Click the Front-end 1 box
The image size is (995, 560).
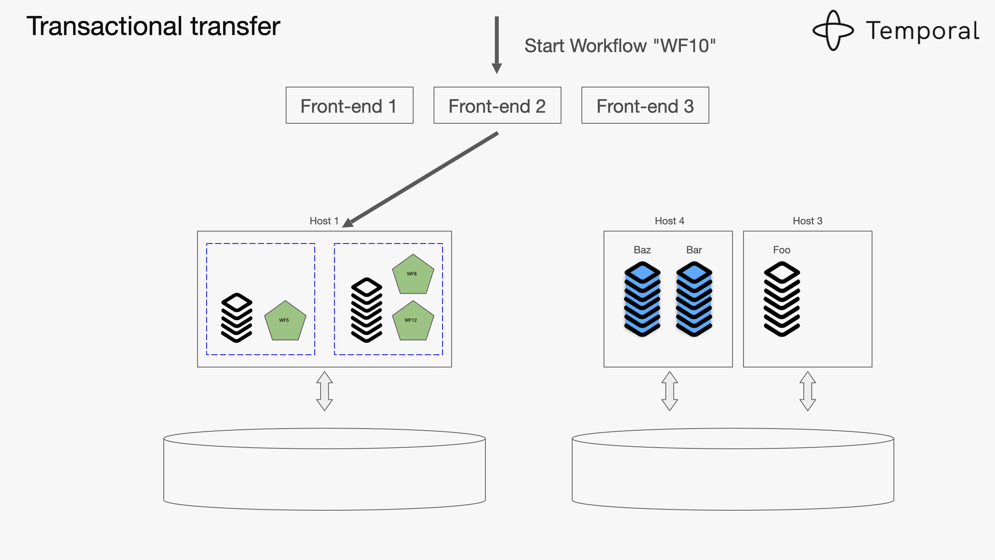click(x=349, y=105)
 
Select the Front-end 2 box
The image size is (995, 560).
click(x=497, y=105)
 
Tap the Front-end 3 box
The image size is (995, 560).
click(x=645, y=105)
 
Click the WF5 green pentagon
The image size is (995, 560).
click(x=285, y=321)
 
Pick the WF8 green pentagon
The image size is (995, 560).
click(x=413, y=275)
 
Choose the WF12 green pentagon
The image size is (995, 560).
click(x=413, y=321)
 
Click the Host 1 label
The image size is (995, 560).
click(x=324, y=221)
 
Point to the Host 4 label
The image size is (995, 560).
click(x=669, y=221)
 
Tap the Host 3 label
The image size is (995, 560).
click(x=807, y=221)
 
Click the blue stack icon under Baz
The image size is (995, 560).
click(x=642, y=299)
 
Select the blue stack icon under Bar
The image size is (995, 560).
click(x=694, y=299)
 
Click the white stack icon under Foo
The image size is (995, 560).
click(x=782, y=299)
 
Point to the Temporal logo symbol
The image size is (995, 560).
click(x=833, y=30)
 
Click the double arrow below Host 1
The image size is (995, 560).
click(x=325, y=391)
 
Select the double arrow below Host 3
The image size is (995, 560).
click(x=807, y=391)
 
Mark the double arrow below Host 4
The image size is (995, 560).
click(x=670, y=391)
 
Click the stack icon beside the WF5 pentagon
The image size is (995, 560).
click(x=237, y=318)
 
